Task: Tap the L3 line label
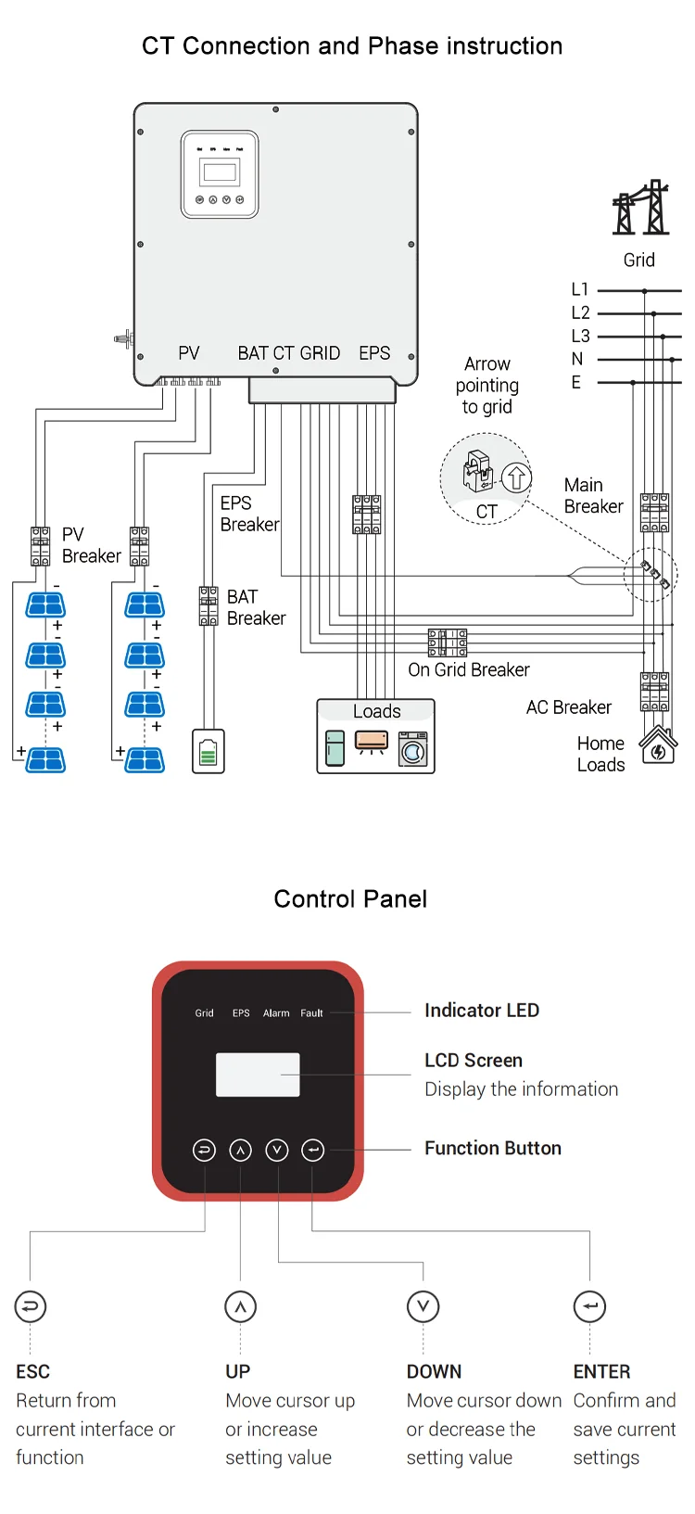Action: tap(580, 336)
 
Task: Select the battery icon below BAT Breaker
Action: tap(208, 751)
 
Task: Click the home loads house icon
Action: tap(658, 745)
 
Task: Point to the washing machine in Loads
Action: tap(413, 749)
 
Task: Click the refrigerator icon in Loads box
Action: tap(335, 749)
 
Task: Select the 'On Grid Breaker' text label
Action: tap(469, 669)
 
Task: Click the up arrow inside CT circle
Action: tap(516, 477)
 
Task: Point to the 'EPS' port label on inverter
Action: tap(374, 353)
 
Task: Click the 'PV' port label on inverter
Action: tap(189, 353)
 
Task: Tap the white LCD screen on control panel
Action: tap(258, 1075)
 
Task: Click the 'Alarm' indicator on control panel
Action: tap(276, 1013)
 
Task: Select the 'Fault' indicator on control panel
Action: tap(311, 1013)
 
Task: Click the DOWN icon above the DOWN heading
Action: tap(423, 1306)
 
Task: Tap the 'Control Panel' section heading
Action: tap(350, 898)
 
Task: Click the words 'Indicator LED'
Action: tap(482, 1011)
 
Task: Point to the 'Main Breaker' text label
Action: tap(593, 496)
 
